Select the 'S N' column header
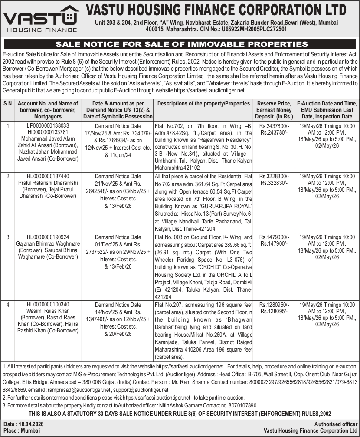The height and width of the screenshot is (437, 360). (x=8, y=104)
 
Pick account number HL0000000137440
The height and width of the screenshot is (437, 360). (x=48, y=177)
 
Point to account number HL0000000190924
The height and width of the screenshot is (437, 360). (x=48, y=237)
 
